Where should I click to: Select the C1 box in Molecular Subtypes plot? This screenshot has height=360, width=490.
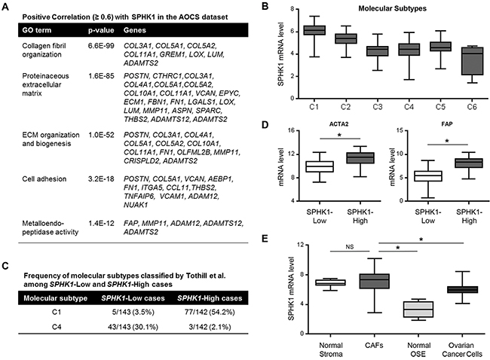pyautogui.click(x=314, y=29)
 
